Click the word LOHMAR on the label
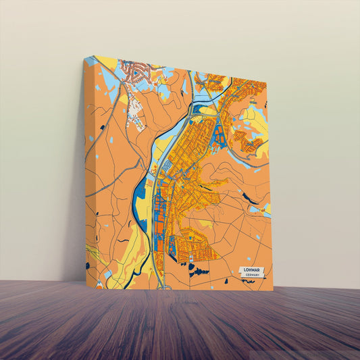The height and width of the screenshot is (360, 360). [253, 271]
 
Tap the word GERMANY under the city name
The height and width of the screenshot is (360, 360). [253, 276]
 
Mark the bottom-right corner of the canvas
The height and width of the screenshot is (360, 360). [273, 290]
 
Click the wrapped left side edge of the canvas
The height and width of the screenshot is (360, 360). [90, 169]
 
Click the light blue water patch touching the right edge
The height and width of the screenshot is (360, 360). [267, 209]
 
